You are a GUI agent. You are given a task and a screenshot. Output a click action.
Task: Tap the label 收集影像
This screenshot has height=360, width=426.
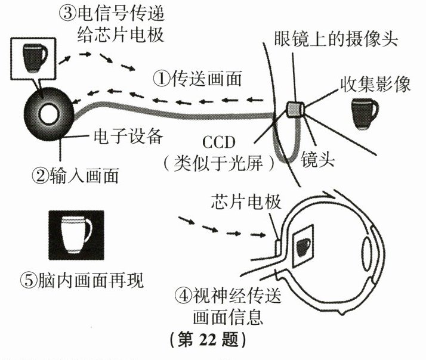375,85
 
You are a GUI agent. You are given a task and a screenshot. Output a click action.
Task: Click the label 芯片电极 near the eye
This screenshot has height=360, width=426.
239,201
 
